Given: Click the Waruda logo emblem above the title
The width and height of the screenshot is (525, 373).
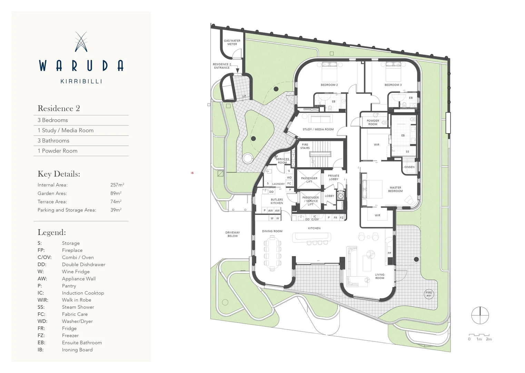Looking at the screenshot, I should pos(81,42).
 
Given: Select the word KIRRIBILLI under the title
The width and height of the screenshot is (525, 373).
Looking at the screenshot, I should pos(81,82).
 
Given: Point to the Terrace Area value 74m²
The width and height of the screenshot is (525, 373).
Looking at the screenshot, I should pos(116,202).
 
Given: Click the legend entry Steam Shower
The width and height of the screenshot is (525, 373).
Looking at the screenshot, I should pos(78,307).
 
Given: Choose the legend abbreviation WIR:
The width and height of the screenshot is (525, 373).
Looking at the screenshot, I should pos(43,300).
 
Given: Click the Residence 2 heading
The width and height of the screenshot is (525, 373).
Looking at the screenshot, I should pos(59,108).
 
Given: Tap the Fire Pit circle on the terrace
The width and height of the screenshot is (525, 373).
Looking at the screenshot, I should pos(429,294).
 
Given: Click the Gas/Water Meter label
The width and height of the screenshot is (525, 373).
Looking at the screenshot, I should pos(232,42).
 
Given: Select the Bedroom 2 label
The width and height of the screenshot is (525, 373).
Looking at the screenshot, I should pos(329,85).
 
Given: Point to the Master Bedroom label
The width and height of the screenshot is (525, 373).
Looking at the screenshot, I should pos(395,189).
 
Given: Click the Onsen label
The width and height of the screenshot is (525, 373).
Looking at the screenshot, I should pos(409,167).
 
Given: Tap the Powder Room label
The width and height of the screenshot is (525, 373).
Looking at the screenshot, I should pos(373,122).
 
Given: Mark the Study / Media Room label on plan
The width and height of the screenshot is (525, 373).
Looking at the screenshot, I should pos(318,130).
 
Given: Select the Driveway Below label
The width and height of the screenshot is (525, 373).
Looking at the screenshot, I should pos(232,234).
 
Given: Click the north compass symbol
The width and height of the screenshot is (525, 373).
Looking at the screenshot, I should pos(480,315).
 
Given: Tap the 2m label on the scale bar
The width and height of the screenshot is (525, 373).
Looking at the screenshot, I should pos(489,339).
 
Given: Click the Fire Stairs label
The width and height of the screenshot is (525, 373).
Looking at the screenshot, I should pos(305,146).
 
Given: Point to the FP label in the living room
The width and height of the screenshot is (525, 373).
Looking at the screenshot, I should pos(389,253).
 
